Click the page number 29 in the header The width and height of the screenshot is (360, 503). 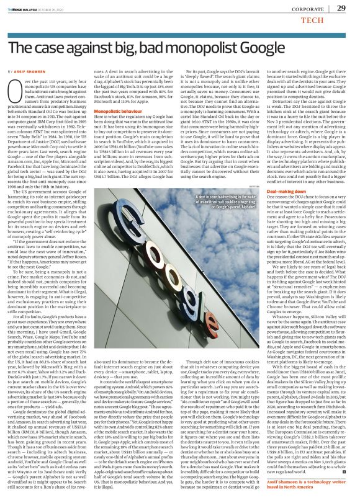(x=341, y=8)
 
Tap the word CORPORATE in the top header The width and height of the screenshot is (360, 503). (x=307, y=8)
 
